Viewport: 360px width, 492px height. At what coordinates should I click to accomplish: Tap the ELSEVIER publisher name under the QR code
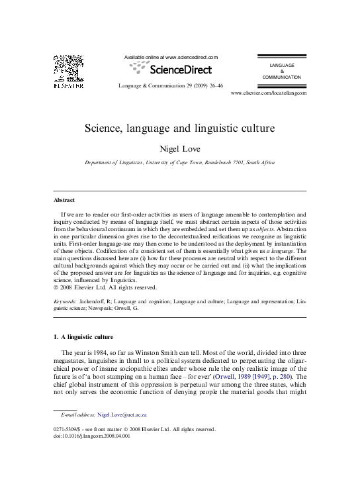[x=68, y=85]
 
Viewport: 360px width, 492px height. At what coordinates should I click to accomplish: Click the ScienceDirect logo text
[x=181, y=69]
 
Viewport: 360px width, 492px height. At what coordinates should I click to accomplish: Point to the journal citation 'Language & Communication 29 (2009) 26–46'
[x=170, y=86]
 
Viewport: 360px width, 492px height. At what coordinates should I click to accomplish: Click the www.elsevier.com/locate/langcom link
[x=269, y=93]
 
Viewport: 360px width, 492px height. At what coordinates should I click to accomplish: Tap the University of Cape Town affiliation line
[x=180, y=162]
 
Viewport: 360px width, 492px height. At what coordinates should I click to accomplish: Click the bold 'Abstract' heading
[x=64, y=200]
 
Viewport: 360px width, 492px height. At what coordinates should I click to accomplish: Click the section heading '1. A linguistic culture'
[x=83, y=336]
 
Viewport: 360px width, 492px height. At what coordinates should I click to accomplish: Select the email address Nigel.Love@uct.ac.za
[x=122, y=415]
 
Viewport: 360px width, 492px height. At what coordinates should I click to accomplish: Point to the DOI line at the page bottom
[x=92, y=436]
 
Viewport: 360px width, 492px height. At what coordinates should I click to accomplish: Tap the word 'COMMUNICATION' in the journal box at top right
[x=281, y=77]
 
